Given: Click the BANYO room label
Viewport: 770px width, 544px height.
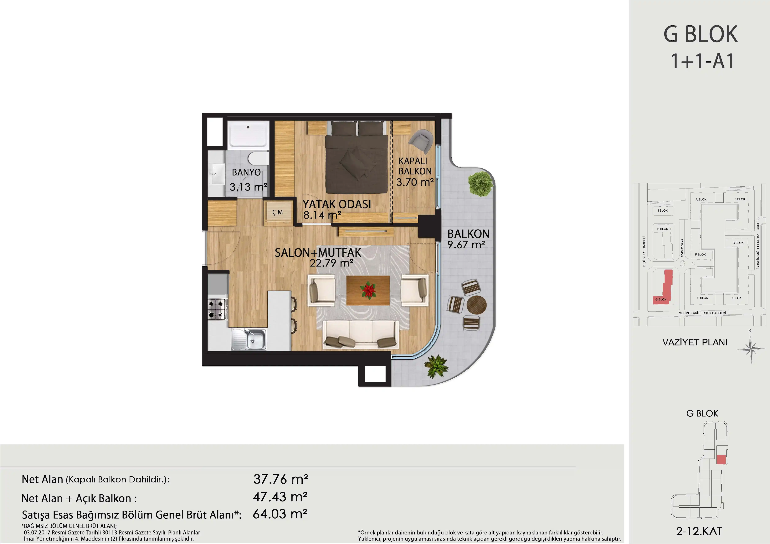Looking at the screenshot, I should pyautogui.click(x=246, y=172).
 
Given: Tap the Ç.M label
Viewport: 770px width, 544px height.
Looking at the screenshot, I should pyautogui.click(x=277, y=212).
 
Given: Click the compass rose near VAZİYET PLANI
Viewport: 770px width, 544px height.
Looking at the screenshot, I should pyautogui.click(x=751, y=349).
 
